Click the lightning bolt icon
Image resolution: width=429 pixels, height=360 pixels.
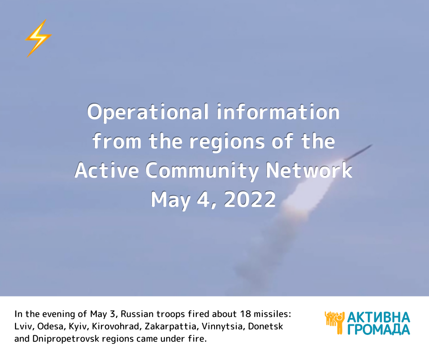[38, 38]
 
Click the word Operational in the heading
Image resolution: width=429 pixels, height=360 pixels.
[148, 112]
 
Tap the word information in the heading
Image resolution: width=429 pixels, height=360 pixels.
[278, 111]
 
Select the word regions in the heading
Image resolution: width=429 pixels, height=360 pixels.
[227, 142]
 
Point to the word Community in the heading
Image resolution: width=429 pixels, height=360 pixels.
[202, 171]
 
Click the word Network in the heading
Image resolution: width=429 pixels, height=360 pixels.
[309, 170]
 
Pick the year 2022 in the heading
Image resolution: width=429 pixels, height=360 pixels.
[250, 199]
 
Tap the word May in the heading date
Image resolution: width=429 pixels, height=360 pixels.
[170, 200]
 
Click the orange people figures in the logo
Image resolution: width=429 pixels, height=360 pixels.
[335, 323]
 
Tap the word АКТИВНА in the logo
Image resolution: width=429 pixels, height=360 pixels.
[378, 317]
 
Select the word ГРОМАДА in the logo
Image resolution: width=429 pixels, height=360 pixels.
[379, 329]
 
